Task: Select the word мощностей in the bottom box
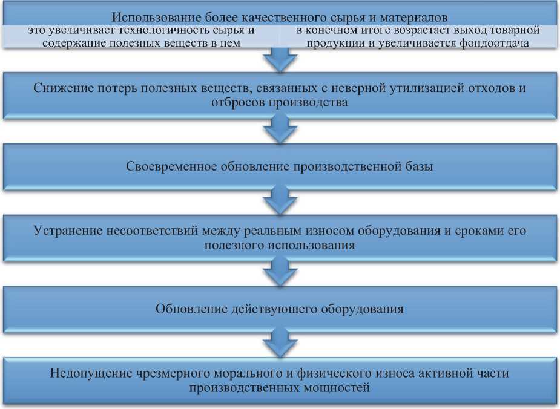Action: tap(340, 388)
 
